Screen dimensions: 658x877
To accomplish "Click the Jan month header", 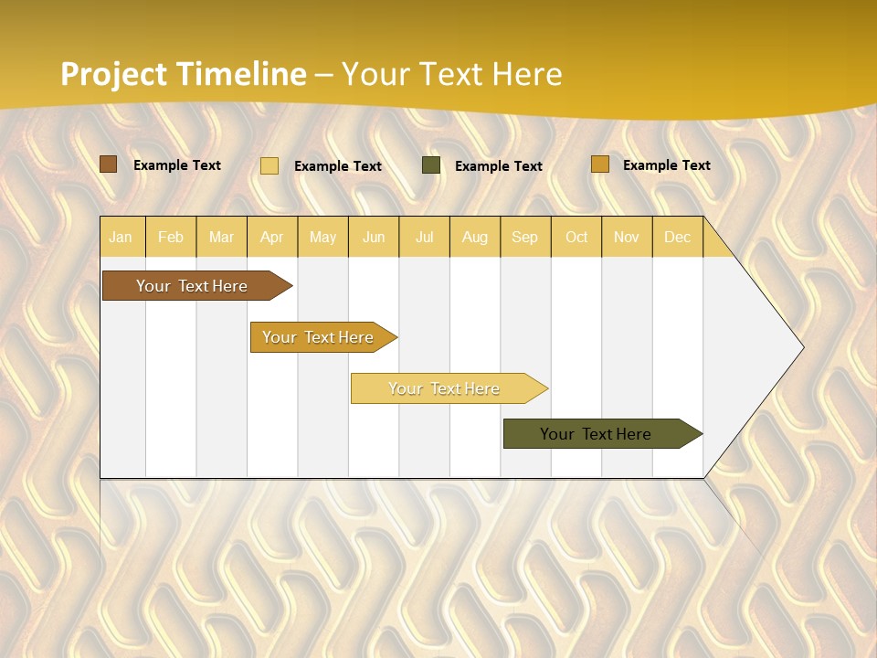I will click(121, 237).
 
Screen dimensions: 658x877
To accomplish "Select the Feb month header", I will click(171, 237).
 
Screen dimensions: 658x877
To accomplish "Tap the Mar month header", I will click(221, 237).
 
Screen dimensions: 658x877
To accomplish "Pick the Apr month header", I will click(271, 237).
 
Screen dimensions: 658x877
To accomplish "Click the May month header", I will click(322, 237).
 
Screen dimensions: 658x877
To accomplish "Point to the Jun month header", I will click(374, 237).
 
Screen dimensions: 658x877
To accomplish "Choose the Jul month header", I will click(424, 237).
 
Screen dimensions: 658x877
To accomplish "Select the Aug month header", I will click(474, 237).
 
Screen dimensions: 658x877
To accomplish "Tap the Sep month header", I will click(524, 237).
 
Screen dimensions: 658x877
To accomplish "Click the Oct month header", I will click(576, 237).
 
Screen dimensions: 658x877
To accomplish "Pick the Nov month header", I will click(627, 237).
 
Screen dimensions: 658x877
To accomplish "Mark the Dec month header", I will click(677, 237).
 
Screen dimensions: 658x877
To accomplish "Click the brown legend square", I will click(109, 164).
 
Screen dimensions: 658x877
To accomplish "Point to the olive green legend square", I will click(431, 165).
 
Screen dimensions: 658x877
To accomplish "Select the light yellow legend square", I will click(269, 165).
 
